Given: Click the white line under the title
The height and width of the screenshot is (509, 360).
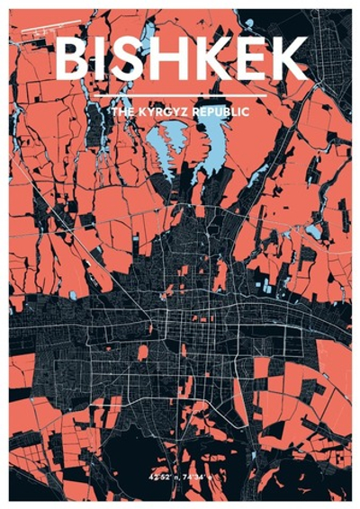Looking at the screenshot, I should pos(180,95).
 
